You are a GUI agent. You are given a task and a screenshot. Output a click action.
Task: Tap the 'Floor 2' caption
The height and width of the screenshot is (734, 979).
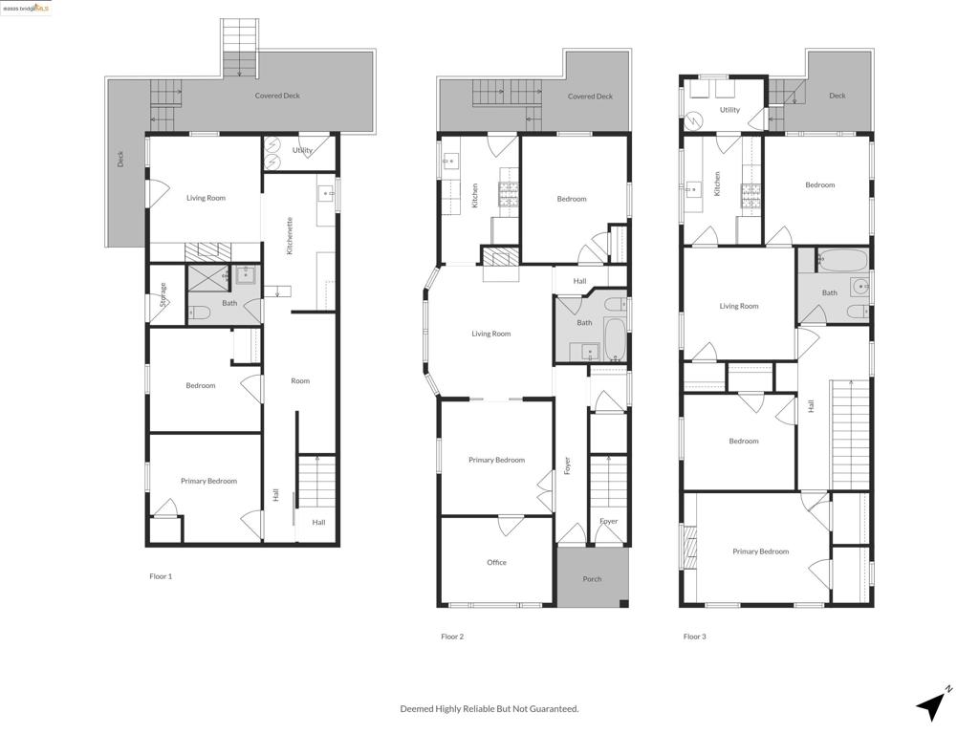coord(452,637)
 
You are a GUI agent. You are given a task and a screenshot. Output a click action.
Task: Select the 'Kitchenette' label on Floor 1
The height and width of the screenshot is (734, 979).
coord(290,235)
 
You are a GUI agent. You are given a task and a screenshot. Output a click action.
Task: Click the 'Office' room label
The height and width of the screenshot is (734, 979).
coord(496,562)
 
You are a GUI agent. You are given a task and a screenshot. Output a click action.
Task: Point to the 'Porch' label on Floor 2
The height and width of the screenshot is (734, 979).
coord(592,578)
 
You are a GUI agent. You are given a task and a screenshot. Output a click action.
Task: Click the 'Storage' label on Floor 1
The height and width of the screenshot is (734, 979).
coord(163,292)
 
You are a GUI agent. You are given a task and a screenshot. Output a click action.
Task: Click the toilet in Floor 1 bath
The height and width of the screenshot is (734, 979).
coord(200,312)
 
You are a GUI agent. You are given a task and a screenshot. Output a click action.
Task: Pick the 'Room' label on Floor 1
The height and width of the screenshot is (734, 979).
coord(300,380)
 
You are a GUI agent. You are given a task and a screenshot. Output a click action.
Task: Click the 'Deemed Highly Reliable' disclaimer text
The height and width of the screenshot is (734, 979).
coord(489,708)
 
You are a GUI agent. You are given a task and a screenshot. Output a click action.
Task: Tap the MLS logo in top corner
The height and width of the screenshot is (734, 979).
coord(26,8)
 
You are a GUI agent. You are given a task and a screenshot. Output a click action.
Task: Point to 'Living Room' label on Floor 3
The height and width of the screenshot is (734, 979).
coord(739,306)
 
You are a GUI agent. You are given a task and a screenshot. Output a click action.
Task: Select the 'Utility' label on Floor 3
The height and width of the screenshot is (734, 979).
coord(729,110)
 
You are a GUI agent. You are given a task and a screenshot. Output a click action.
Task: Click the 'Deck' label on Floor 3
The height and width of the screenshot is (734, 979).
coord(838,96)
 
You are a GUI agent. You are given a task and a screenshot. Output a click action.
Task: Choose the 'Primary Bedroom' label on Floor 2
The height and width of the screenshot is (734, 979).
coord(496,460)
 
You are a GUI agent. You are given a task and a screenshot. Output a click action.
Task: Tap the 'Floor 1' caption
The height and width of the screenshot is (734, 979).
coord(161,576)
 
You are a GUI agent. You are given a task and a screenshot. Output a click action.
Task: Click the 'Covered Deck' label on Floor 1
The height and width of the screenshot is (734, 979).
coord(277,96)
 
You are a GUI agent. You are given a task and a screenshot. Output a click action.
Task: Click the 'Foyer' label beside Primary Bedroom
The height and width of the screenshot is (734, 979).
coord(567,465)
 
